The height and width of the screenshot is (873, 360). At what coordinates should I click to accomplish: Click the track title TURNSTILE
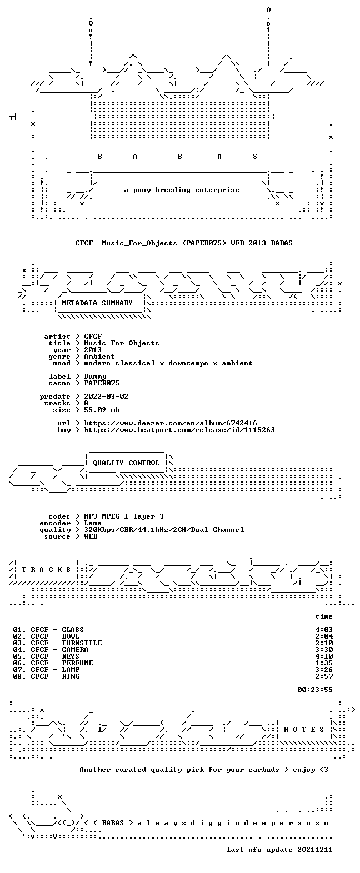tap(82, 643)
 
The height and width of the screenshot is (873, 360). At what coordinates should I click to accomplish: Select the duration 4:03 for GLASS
tap(324, 629)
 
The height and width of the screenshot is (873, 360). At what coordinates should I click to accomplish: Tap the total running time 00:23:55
tap(315, 689)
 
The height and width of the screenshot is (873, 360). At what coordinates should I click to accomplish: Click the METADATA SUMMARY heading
tap(97, 303)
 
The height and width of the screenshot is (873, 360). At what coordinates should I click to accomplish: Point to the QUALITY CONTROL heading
tap(126, 463)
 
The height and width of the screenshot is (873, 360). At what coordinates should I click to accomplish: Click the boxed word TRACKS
tap(47, 569)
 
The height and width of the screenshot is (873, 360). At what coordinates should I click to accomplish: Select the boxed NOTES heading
tap(304, 729)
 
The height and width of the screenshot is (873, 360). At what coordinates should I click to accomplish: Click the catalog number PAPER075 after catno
tap(102, 383)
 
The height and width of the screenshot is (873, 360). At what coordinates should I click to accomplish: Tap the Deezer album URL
tap(171, 423)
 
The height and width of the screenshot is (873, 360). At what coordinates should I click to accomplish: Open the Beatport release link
tap(179, 430)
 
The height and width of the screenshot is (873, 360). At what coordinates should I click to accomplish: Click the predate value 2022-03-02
tap(106, 397)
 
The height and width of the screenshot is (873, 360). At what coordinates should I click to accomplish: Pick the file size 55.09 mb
tap(102, 410)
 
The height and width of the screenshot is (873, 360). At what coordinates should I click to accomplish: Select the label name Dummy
tap(95, 377)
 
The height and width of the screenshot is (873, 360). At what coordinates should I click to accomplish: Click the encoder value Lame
tap(93, 523)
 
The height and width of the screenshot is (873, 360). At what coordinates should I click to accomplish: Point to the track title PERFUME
tap(78, 663)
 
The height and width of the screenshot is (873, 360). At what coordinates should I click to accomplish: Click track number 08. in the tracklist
tap(19, 676)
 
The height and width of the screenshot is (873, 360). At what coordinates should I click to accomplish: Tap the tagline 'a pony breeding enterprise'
tap(182, 190)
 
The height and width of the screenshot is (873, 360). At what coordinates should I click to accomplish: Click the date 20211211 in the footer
tap(315, 850)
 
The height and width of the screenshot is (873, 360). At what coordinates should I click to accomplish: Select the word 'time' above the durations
tap(324, 616)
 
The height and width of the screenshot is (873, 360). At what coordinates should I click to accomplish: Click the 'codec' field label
tap(59, 516)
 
